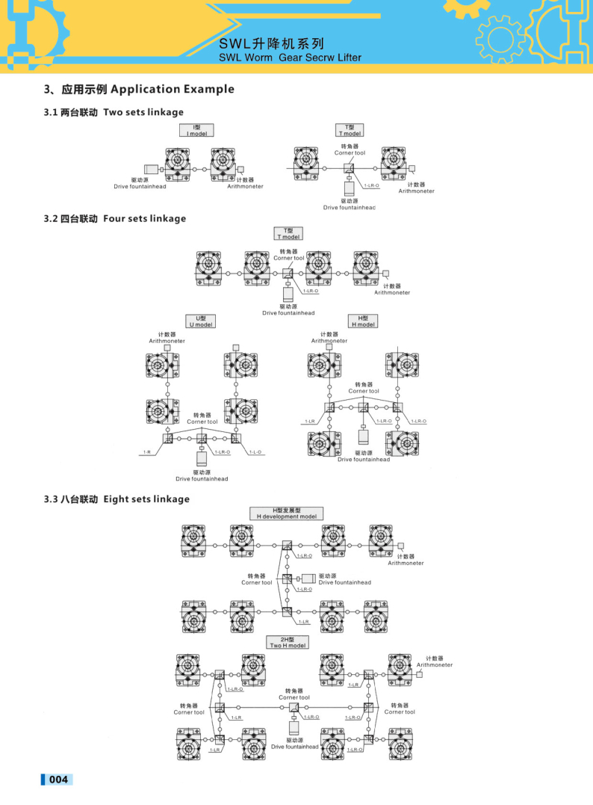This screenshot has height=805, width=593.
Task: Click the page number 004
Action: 58,780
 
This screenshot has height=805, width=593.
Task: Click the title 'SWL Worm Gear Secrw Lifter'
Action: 290,58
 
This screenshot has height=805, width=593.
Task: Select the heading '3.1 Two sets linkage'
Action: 113,112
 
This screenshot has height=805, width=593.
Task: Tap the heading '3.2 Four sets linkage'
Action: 114,219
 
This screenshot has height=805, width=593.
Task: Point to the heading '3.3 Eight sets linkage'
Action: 116,499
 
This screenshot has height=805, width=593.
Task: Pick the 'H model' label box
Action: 364,321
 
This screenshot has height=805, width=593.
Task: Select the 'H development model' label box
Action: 287,513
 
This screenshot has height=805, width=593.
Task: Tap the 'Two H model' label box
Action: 288,642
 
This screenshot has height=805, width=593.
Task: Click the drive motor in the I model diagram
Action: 150,170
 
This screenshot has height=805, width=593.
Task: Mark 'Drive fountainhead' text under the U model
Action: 202,478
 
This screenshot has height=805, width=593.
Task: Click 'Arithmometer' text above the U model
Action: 167,341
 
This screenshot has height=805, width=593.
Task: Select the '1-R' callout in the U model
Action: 147,452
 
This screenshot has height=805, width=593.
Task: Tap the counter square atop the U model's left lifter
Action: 167,348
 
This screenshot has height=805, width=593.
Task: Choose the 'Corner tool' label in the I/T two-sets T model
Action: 349,152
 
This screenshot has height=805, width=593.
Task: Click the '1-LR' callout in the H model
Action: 311,421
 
